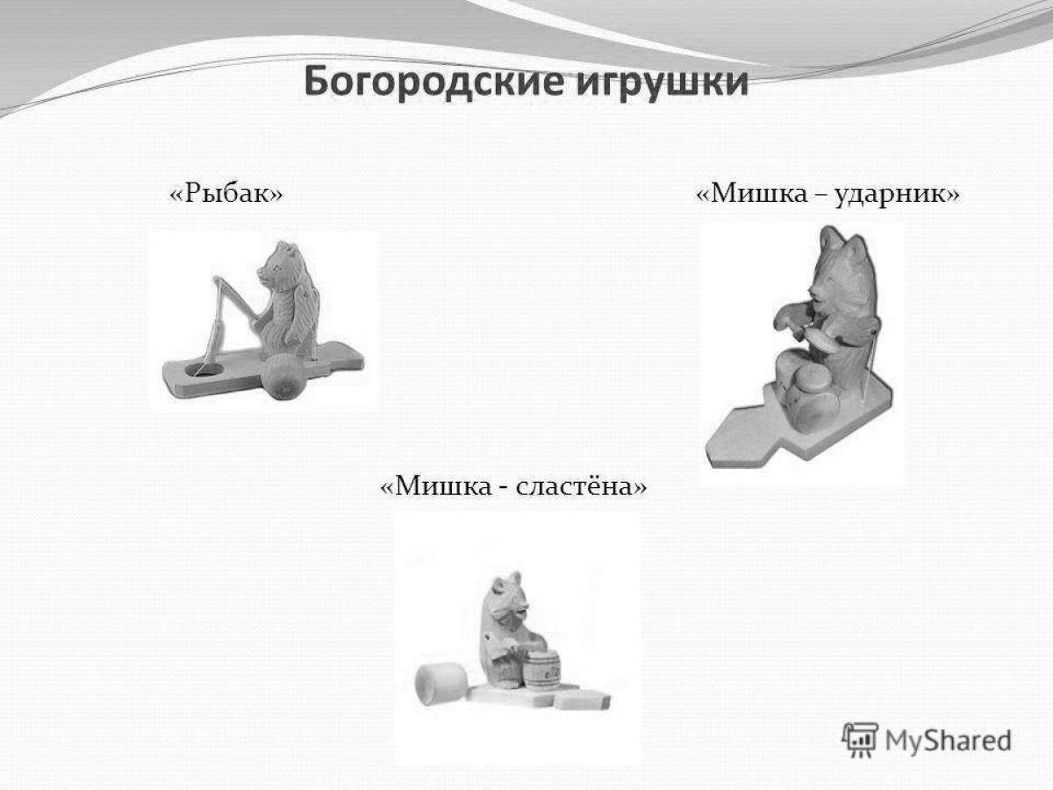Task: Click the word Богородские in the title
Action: (433, 83)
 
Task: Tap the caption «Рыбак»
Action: (226, 193)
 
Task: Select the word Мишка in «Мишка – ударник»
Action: (759, 193)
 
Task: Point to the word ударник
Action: (891, 195)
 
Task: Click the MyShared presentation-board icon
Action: (860, 740)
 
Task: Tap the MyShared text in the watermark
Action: (948, 740)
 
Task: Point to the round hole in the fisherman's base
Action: (204, 370)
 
